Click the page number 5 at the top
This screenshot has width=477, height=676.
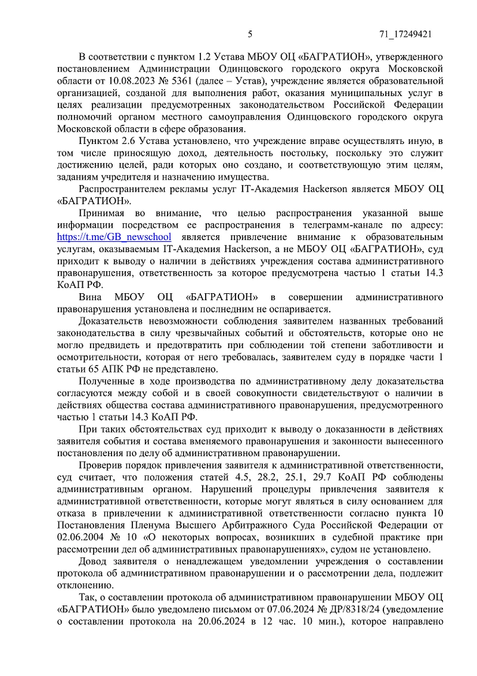(x=250, y=34)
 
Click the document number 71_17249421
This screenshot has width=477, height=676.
(x=405, y=34)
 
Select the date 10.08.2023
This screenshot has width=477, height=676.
(x=138, y=80)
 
